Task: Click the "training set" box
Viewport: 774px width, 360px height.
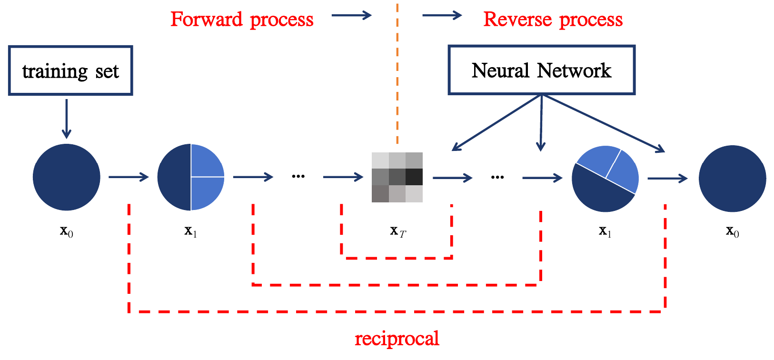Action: click(x=70, y=71)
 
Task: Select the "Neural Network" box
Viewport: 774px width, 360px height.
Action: click(x=541, y=70)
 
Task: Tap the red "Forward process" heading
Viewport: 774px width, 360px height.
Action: click(x=242, y=20)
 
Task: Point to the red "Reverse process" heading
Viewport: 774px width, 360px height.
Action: click(x=553, y=20)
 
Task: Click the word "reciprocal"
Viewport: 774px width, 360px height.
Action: click(x=397, y=339)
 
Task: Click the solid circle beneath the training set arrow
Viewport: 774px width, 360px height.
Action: click(x=67, y=177)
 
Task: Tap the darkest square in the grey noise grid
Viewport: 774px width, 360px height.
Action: click(x=414, y=177)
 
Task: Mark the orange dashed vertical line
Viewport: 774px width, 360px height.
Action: click(x=397, y=71)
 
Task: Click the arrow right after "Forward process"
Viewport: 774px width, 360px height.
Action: click(x=351, y=16)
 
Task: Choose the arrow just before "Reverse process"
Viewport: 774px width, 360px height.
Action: click(x=442, y=16)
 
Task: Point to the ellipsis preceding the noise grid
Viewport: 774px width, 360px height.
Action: click(x=298, y=177)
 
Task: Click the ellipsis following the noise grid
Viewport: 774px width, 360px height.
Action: click(x=497, y=177)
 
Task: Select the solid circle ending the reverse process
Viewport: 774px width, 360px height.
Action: click(x=732, y=179)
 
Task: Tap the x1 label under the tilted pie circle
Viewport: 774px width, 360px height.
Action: click(x=605, y=231)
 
